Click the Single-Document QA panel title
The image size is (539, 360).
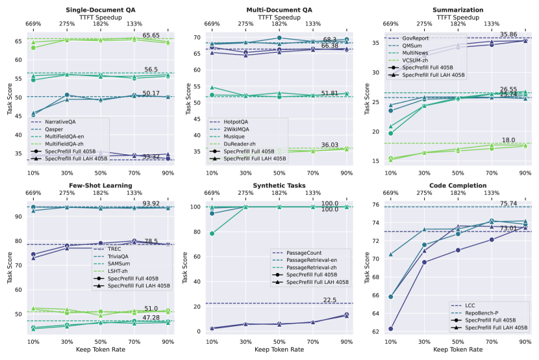101,10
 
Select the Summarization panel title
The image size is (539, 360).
458,10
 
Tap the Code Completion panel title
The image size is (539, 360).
458,185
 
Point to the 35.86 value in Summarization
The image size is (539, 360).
508,34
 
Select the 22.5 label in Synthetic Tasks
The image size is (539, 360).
330,300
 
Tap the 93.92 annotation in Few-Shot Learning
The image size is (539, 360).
151,203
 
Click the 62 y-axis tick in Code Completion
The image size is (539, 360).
377,331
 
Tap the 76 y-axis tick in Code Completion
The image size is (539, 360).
377,205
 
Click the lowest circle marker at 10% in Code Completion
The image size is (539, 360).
391,328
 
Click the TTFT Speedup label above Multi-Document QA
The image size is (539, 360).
279,17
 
